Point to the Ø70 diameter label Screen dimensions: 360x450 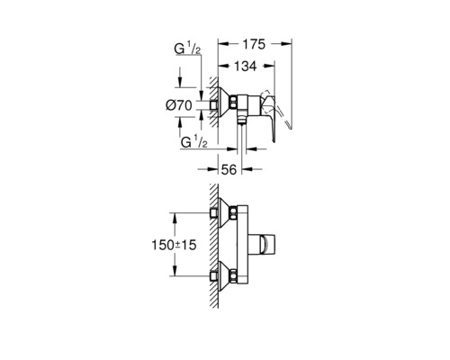pyautogui.click(x=180, y=106)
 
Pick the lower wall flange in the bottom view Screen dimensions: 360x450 pyautogui.click(x=226, y=276)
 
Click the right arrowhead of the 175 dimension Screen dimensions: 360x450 pyautogui.click(x=290, y=43)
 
